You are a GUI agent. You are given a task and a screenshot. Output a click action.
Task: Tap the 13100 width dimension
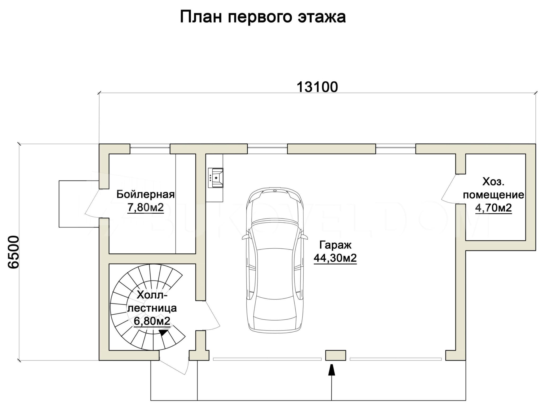coord(317,87)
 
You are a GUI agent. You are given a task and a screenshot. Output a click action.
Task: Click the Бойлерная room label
coord(146,195)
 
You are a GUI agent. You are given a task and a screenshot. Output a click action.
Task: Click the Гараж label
coord(335,245)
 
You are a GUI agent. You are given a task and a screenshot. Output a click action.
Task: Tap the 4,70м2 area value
coord(493,208)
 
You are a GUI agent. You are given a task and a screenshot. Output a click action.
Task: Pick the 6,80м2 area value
coord(152,321)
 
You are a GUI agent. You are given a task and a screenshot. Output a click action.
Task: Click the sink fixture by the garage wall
coord(216,178)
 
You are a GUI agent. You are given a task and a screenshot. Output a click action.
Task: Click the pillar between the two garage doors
coord(336,355)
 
